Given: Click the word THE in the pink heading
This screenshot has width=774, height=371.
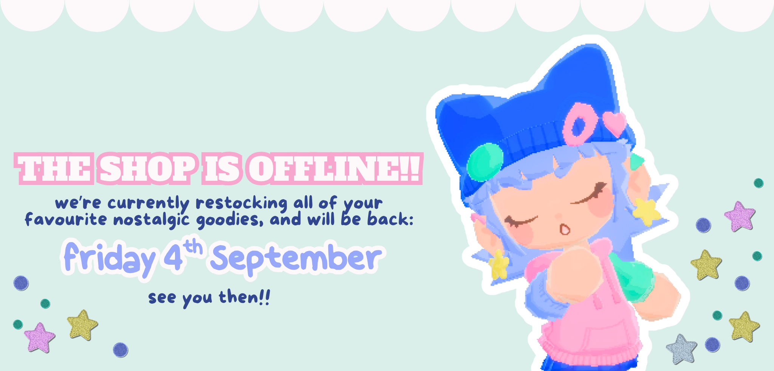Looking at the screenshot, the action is pyautogui.click(x=54, y=169).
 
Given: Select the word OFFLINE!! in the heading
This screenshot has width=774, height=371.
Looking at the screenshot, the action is pyautogui.click(x=334, y=169).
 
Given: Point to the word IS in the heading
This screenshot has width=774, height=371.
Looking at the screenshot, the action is pyautogui.click(x=222, y=169).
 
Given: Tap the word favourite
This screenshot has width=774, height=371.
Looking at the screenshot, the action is pyautogui.click(x=66, y=219).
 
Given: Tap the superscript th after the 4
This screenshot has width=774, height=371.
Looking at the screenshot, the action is pyautogui.click(x=193, y=247).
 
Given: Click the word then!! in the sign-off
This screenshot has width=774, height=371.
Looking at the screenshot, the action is pyautogui.click(x=245, y=297).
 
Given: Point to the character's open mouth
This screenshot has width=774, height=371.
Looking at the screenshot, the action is pyautogui.click(x=565, y=229).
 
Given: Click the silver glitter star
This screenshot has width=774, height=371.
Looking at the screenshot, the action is pyautogui.click(x=681, y=349).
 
